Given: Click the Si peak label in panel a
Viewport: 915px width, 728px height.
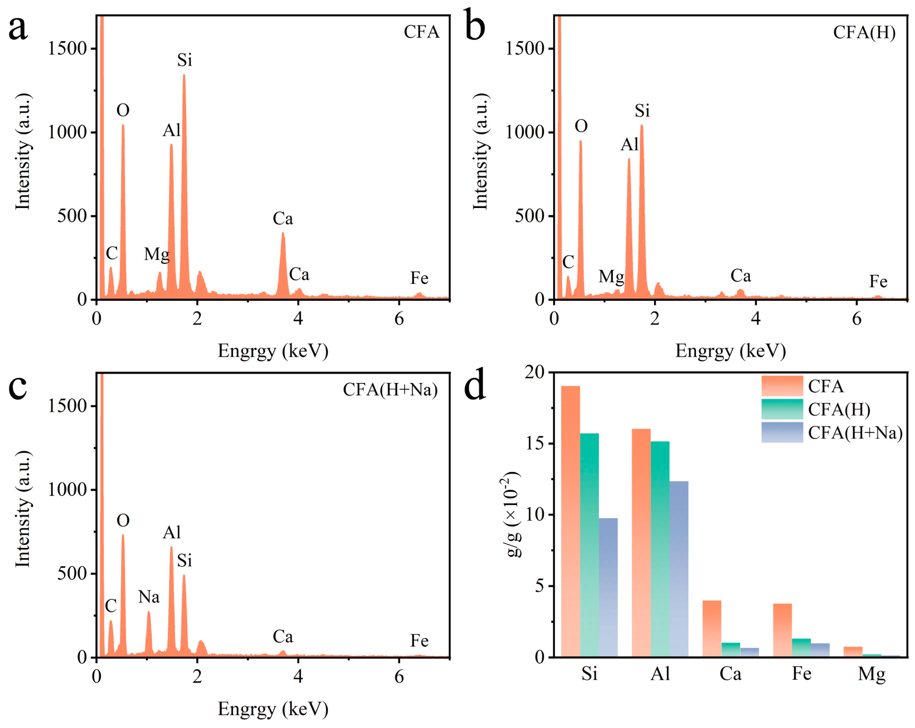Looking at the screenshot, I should tap(185, 60).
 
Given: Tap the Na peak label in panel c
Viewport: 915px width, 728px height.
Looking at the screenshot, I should tap(149, 597).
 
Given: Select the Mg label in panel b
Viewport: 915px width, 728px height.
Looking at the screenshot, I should tap(612, 277).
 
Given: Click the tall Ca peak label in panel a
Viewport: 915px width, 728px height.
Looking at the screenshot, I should tap(283, 219).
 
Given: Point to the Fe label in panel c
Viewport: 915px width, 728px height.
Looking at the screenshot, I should tap(419, 641).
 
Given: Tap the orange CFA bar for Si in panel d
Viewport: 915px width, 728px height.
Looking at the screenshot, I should tap(570, 522).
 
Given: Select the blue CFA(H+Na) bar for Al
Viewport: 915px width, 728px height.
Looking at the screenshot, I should tap(679, 569).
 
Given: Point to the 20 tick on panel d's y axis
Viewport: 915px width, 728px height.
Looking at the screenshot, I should tap(534, 372).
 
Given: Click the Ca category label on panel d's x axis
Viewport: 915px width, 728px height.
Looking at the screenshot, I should tap(730, 674).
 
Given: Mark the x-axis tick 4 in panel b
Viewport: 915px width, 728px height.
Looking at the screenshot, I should tap(756, 318).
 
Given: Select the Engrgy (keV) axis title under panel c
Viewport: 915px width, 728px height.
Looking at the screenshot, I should tap(273, 709).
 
